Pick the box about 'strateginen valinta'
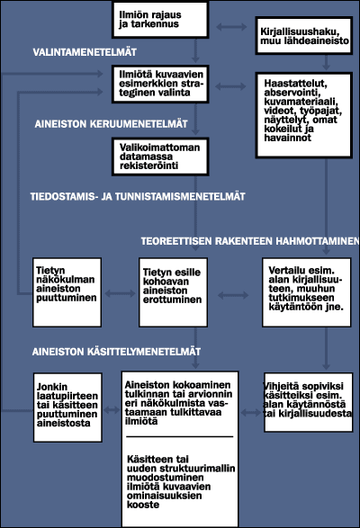tap(158, 85)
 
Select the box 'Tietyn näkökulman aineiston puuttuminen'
tap(67, 293)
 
